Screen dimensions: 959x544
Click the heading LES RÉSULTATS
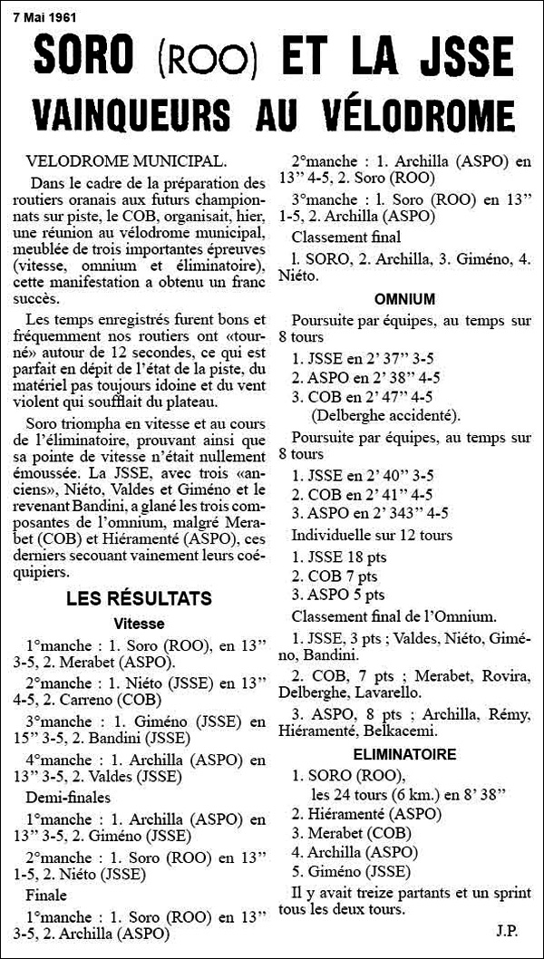pos(139,598)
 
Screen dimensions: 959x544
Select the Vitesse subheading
pos(139,624)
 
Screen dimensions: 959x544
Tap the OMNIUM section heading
pos(404,299)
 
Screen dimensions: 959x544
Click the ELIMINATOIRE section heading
pos(404,753)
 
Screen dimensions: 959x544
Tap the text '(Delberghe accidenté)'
pos(384,415)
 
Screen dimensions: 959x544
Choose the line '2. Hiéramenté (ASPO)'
pos(361,812)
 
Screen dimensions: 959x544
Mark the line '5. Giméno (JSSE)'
pos(351,872)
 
